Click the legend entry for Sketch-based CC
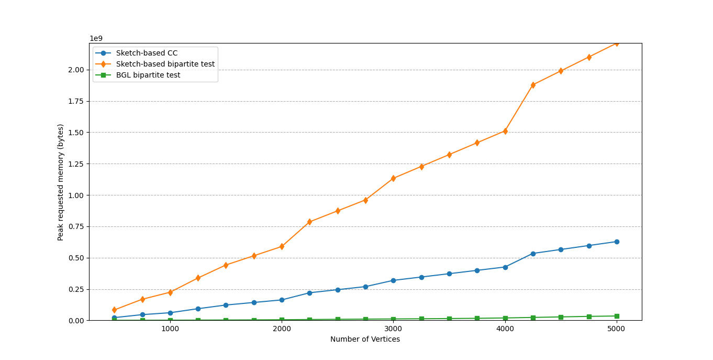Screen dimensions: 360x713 (x=147, y=53)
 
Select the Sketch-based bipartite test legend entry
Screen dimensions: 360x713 (x=165, y=64)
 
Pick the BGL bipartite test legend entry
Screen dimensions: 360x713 (x=148, y=75)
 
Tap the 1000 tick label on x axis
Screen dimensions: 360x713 (x=170, y=329)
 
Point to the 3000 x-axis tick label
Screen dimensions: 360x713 (x=393, y=329)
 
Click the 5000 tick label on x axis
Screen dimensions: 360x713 (x=616, y=329)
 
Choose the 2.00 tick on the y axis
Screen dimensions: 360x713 (x=75, y=70)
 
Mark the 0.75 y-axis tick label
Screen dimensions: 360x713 (x=75, y=226)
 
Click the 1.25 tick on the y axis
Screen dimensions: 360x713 (x=75, y=164)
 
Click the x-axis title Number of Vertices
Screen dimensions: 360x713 (x=365, y=340)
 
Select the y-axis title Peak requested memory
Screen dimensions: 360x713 (x=61, y=182)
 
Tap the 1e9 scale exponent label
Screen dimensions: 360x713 (x=96, y=38)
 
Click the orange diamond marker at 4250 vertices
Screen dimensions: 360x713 (x=533, y=85)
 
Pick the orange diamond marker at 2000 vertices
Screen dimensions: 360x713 (x=282, y=246)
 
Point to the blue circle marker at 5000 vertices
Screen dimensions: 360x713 (x=617, y=242)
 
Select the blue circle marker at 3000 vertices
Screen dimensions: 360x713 (x=393, y=280)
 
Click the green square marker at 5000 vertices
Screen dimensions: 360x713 (x=617, y=316)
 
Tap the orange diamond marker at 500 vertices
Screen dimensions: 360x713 (x=114, y=310)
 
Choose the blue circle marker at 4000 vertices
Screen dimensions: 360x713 (x=505, y=267)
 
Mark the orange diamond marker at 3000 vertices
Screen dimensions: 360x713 (x=393, y=178)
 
